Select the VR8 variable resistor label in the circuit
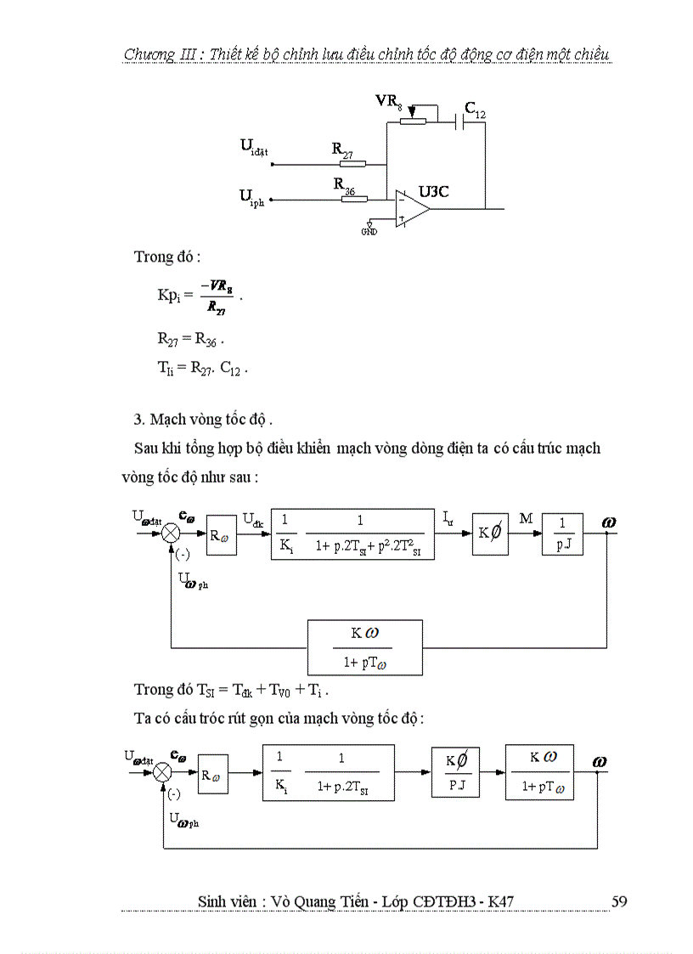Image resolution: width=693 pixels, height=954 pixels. tap(391, 101)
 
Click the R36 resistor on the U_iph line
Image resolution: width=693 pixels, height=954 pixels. tap(354, 200)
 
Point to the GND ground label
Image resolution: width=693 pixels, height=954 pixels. tap(369, 231)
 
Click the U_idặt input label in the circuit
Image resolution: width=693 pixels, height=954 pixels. tap(254, 147)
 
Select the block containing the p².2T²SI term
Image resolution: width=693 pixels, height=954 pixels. tap(352, 534)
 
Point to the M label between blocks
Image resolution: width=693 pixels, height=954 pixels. tap(526, 518)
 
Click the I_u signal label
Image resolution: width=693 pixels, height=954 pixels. tap(450, 516)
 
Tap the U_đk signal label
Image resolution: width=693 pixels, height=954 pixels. tap(253, 517)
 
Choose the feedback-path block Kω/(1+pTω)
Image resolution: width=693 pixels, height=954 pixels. tap(364, 646)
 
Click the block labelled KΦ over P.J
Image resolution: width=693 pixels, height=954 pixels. tap(455, 772)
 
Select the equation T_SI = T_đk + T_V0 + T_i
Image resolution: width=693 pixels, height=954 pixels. tap(232, 688)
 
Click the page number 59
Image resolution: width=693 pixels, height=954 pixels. tap(619, 900)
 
